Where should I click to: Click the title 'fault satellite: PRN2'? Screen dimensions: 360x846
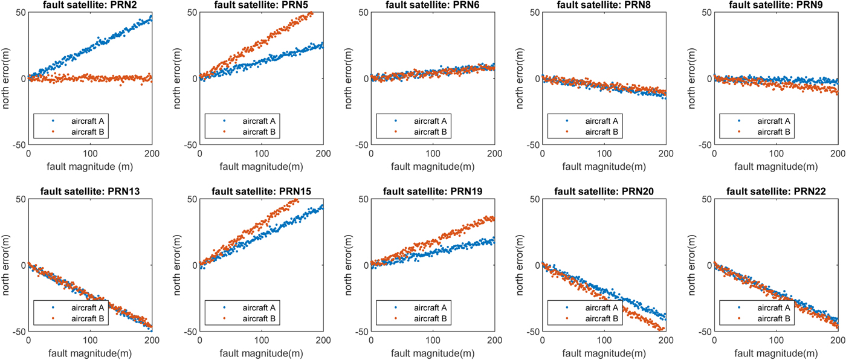[x=90, y=5]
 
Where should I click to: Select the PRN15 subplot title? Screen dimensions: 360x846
[x=261, y=191]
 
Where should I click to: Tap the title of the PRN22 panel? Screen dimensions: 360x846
[x=775, y=191]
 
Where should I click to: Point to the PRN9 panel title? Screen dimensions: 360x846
[x=775, y=5]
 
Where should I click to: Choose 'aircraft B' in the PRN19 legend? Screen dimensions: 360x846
[x=433, y=318]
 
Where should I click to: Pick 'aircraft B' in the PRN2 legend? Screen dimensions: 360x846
[x=90, y=131]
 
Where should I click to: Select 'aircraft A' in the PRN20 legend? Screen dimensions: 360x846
[x=604, y=308]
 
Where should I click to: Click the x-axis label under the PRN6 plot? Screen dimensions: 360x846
[x=433, y=167]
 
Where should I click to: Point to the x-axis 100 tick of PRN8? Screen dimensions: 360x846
[x=604, y=155]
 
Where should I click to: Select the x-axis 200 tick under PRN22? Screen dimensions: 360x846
[x=836, y=341]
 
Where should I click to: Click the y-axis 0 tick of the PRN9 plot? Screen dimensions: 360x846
[x=706, y=79]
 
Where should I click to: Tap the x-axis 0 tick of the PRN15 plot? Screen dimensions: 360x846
[x=200, y=341]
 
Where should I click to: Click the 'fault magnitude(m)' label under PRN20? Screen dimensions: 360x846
[x=604, y=353]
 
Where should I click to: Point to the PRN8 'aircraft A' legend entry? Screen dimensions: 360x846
[x=604, y=121]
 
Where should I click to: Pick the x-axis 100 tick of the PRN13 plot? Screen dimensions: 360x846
[x=90, y=341]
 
